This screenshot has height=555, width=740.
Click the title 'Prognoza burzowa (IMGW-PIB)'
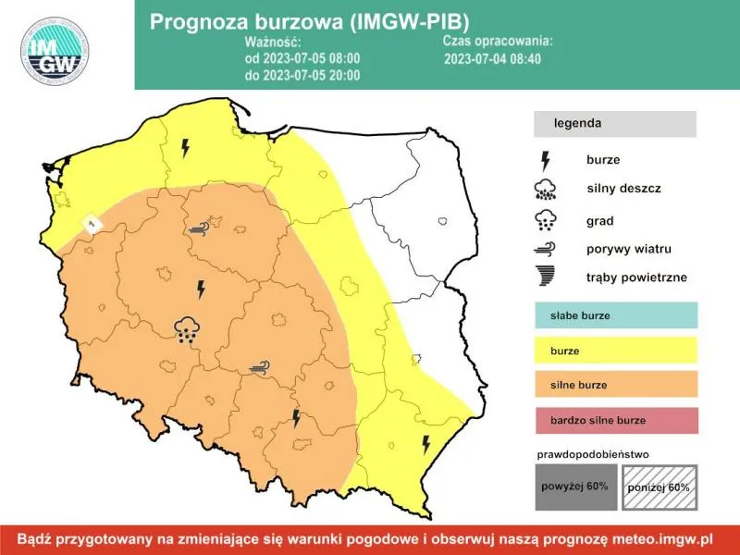click(x=314, y=21)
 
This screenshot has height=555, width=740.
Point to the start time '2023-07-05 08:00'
click(x=302, y=58)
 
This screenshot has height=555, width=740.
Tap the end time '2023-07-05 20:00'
click(x=302, y=75)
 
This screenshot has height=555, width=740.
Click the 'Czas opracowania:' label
click(x=498, y=42)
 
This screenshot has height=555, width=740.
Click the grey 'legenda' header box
click(x=614, y=123)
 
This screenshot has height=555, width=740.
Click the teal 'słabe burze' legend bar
click(x=614, y=315)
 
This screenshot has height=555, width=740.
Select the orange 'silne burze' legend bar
click(x=614, y=385)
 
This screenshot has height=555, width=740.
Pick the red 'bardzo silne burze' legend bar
click(x=614, y=420)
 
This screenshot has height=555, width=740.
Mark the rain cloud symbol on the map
click(x=188, y=328)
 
